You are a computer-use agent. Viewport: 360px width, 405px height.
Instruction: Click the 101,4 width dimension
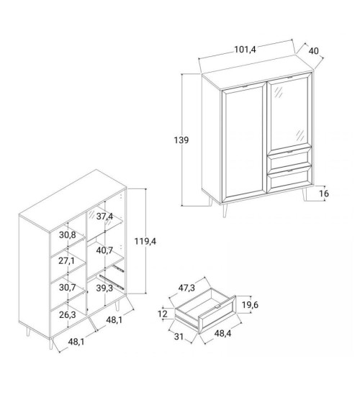pyautogui.click(x=245, y=49)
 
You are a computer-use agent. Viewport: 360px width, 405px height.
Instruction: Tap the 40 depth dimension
pyautogui.click(x=314, y=51)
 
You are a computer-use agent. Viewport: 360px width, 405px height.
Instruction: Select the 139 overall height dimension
pyautogui.click(x=181, y=140)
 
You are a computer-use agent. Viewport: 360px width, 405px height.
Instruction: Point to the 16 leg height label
pyautogui.click(x=324, y=194)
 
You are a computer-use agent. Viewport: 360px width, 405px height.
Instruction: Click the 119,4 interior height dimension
pyautogui.click(x=145, y=241)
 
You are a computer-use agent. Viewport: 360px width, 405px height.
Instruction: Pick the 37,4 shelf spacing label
pyautogui.click(x=104, y=217)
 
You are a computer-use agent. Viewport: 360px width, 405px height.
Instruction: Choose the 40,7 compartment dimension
pyautogui.click(x=104, y=250)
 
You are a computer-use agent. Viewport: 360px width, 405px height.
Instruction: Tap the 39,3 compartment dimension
pyautogui.click(x=104, y=288)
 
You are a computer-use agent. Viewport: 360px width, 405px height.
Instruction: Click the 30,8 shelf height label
pyautogui.click(x=68, y=235)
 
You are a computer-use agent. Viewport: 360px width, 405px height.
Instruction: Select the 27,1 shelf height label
pyautogui.click(x=66, y=261)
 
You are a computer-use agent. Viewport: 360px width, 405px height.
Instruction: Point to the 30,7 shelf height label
pyautogui.click(x=67, y=287)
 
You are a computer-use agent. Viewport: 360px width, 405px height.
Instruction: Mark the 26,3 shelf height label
pyautogui.click(x=67, y=314)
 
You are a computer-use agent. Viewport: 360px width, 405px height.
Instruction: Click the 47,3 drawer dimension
pyautogui.click(x=186, y=288)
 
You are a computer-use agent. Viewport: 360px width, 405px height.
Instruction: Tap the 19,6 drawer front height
pyautogui.click(x=250, y=305)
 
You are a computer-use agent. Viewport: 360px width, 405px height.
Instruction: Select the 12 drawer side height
pyautogui.click(x=163, y=314)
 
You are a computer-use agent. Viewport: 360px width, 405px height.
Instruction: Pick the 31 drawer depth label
pyautogui.click(x=179, y=337)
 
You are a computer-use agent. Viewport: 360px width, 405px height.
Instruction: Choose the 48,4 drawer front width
pyautogui.click(x=222, y=333)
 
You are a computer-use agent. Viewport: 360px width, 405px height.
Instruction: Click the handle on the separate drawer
pyautogui.click(x=217, y=306)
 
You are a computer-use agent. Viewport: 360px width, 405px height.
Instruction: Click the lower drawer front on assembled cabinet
pyautogui.click(x=289, y=178)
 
